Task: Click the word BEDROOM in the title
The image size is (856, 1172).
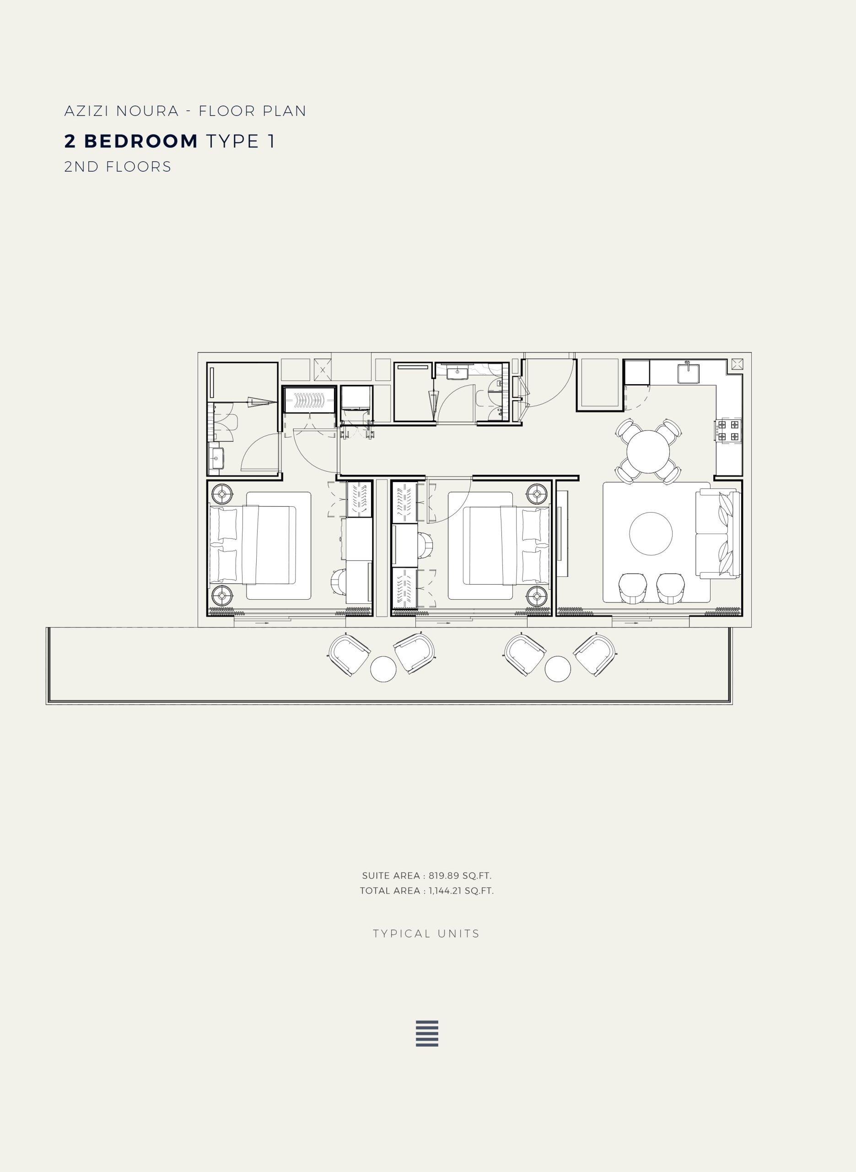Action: (x=141, y=141)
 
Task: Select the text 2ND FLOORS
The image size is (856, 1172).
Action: (x=118, y=167)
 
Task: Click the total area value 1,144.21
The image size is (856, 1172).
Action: (x=445, y=890)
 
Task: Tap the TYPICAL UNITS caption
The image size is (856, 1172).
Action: (x=426, y=933)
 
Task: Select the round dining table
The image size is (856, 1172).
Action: (x=648, y=451)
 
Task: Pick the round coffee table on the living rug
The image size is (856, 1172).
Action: (x=651, y=533)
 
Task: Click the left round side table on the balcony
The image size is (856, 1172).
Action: (x=383, y=669)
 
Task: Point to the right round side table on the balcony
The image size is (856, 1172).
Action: (x=558, y=669)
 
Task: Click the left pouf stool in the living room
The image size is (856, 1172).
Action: (x=633, y=589)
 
